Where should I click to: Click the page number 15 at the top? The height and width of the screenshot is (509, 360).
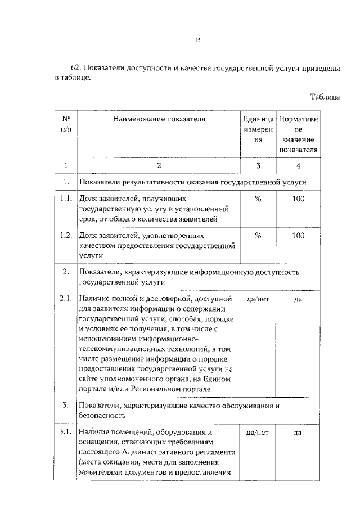197,40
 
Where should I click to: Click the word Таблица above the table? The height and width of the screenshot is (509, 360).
325,97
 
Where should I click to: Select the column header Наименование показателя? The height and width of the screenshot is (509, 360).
159,119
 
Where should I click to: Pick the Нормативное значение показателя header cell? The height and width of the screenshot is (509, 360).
299,134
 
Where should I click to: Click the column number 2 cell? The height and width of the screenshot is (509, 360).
159,165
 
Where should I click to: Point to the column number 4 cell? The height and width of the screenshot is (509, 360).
299,165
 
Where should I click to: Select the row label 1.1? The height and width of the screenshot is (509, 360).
66,199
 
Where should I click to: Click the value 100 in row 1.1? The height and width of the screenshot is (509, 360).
299,199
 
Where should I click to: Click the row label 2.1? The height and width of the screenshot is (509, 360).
66,299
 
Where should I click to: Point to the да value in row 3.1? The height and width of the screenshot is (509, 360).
299,433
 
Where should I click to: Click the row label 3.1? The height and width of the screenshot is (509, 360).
66,433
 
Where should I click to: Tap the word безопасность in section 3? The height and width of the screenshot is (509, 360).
102,416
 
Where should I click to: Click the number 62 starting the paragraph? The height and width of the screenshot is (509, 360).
76,68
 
